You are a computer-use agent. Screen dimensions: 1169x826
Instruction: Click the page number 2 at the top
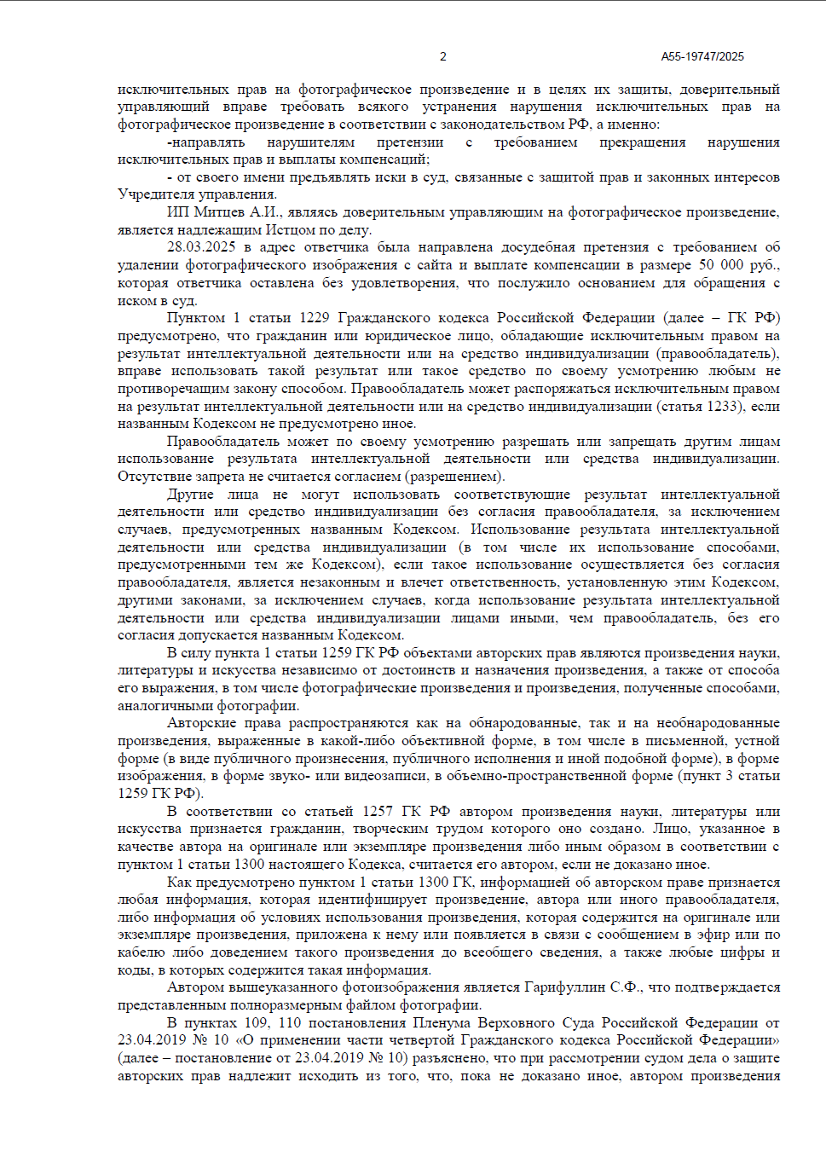[x=442, y=56]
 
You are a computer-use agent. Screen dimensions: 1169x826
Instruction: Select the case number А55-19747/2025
[x=702, y=56]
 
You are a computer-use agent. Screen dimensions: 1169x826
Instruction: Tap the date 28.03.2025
[x=201, y=247]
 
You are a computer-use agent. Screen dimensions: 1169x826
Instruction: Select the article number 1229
[x=314, y=318]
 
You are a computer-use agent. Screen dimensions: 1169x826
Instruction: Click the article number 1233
[x=723, y=407]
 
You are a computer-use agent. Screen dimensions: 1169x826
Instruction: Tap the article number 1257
[x=378, y=811]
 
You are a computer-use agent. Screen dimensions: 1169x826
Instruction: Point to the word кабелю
[x=142, y=952]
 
